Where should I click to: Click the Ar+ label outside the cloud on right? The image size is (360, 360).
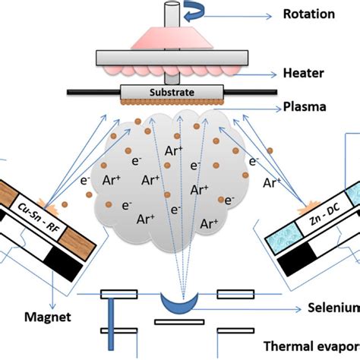point(271,182)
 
